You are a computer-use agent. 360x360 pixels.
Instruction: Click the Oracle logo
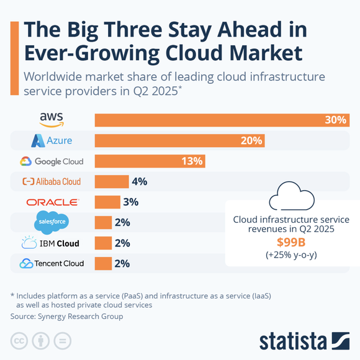(52, 202)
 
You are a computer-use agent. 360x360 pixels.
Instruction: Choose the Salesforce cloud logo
(52, 222)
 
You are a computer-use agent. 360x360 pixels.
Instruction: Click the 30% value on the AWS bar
(335, 120)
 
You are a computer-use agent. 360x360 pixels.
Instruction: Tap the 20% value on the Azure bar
(251, 141)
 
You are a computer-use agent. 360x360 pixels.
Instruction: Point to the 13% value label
(192, 161)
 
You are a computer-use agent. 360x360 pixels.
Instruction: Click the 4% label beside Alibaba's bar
(138, 182)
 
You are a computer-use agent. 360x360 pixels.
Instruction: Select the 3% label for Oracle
(130, 202)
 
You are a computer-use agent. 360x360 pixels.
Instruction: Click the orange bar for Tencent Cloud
(102, 263)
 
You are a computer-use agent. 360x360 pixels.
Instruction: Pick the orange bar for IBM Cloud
(102, 243)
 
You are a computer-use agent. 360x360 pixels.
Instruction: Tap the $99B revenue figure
(291, 242)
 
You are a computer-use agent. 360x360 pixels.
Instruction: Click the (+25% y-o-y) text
(291, 254)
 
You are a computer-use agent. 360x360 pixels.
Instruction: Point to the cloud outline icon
(290, 197)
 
